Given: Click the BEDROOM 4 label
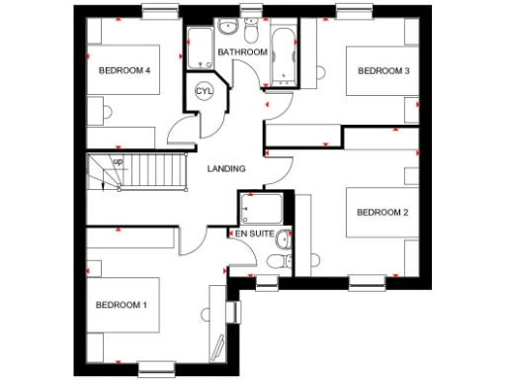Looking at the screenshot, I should click(124, 70).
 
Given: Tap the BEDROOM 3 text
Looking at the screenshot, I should click(383, 70).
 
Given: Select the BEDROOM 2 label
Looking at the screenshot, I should click(382, 212).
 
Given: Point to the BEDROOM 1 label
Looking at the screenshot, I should click(121, 304).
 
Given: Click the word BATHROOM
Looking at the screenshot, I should click(243, 51).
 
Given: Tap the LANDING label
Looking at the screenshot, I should click(226, 169).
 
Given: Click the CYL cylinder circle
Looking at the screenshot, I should click(205, 91).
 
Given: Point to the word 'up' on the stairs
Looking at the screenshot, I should click(118, 161).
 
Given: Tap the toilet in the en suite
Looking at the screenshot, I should click(277, 260).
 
